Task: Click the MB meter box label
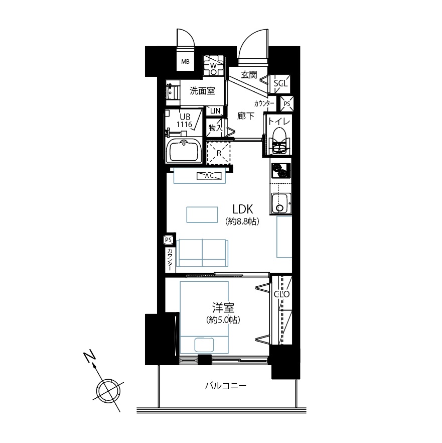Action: tap(186, 62)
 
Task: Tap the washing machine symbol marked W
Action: tap(213, 65)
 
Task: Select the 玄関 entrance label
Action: tap(249, 75)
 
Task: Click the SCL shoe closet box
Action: tap(280, 83)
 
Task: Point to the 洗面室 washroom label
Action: tap(202, 91)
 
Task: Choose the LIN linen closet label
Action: tap(215, 111)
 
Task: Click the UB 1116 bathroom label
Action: tap(185, 121)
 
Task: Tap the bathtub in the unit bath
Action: tap(184, 151)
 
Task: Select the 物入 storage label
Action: tap(215, 128)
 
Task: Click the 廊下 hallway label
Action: tap(245, 116)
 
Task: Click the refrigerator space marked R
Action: tap(219, 153)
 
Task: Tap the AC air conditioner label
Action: tap(209, 176)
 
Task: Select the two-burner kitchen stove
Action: tap(280, 170)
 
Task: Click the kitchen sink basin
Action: tap(280, 203)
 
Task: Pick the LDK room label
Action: tap(243, 209)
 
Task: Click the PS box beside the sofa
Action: tap(169, 240)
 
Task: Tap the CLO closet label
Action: tap(281, 294)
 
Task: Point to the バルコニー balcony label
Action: tap(226, 385)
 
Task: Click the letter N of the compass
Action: tap(90, 356)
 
